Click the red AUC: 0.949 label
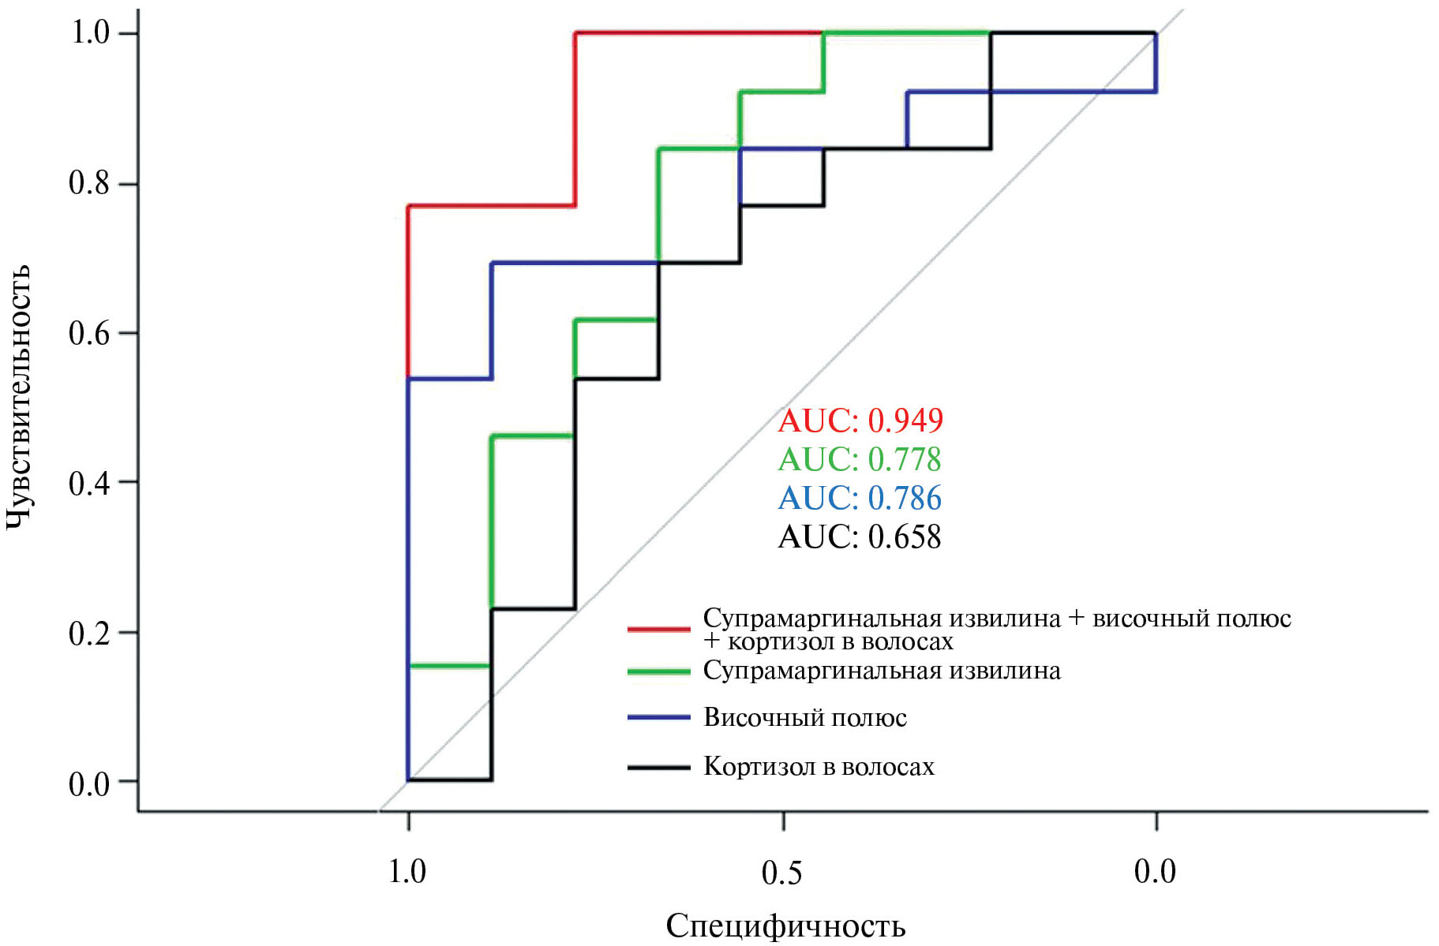860,421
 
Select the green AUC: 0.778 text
860,459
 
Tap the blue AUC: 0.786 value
860,498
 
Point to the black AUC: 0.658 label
860,537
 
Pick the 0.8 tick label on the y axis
89,183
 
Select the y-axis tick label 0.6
89,333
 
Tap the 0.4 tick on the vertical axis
89,483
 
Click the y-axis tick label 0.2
89,633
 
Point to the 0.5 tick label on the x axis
781,873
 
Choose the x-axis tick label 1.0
407,872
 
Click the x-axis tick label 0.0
1155,872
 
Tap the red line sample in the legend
658,629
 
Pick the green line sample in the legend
658,671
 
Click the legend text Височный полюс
805,718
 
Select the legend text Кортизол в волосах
819,767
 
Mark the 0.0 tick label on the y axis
89,783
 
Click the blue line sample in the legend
658,718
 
